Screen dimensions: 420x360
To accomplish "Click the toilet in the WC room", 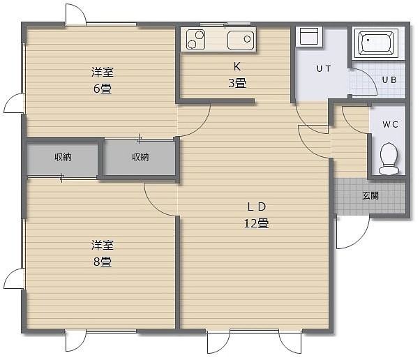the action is point(389,158).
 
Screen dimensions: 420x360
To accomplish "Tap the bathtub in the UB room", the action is point(376,43).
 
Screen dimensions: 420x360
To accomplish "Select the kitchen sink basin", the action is point(241,40).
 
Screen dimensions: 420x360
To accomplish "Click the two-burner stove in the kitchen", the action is point(196,40).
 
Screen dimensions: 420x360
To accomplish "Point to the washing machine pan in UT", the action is point(309,37).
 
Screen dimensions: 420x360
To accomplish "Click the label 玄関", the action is point(370,196).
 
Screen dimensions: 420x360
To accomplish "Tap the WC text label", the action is point(390,125).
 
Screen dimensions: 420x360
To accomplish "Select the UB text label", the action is point(389,80).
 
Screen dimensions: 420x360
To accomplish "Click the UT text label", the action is point(324,69).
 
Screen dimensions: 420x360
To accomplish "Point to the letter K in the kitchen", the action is point(237,67).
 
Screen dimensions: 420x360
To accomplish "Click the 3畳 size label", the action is point(237,83).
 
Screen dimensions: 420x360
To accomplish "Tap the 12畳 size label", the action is point(256,223).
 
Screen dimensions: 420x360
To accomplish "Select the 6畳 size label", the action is point(103,89).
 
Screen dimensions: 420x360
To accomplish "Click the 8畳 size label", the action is point(103,262).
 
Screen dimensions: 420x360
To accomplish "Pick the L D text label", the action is point(256,207).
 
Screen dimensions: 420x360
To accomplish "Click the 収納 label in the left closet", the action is point(63,157).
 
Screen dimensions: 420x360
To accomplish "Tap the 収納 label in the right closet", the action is point(140,157).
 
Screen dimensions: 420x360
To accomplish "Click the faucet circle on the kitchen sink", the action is point(247,39).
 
